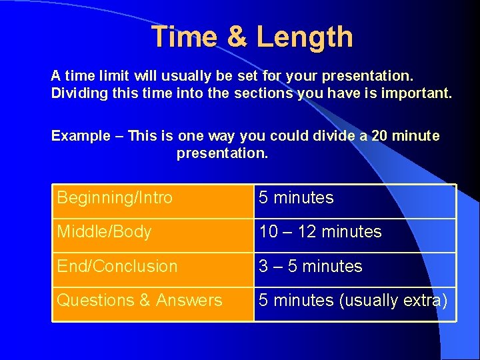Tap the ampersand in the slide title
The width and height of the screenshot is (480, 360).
click(x=237, y=37)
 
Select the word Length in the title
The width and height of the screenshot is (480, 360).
click(x=305, y=37)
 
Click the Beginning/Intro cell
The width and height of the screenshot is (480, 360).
click(x=153, y=198)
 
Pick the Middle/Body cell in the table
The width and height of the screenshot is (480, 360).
click(x=153, y=232)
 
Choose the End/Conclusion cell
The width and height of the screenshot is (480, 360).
click(x=153, y=266)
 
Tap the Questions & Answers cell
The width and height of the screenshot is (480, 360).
click(x=153, y=300)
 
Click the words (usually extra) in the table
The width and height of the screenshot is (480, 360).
click(x=393, y=301)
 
